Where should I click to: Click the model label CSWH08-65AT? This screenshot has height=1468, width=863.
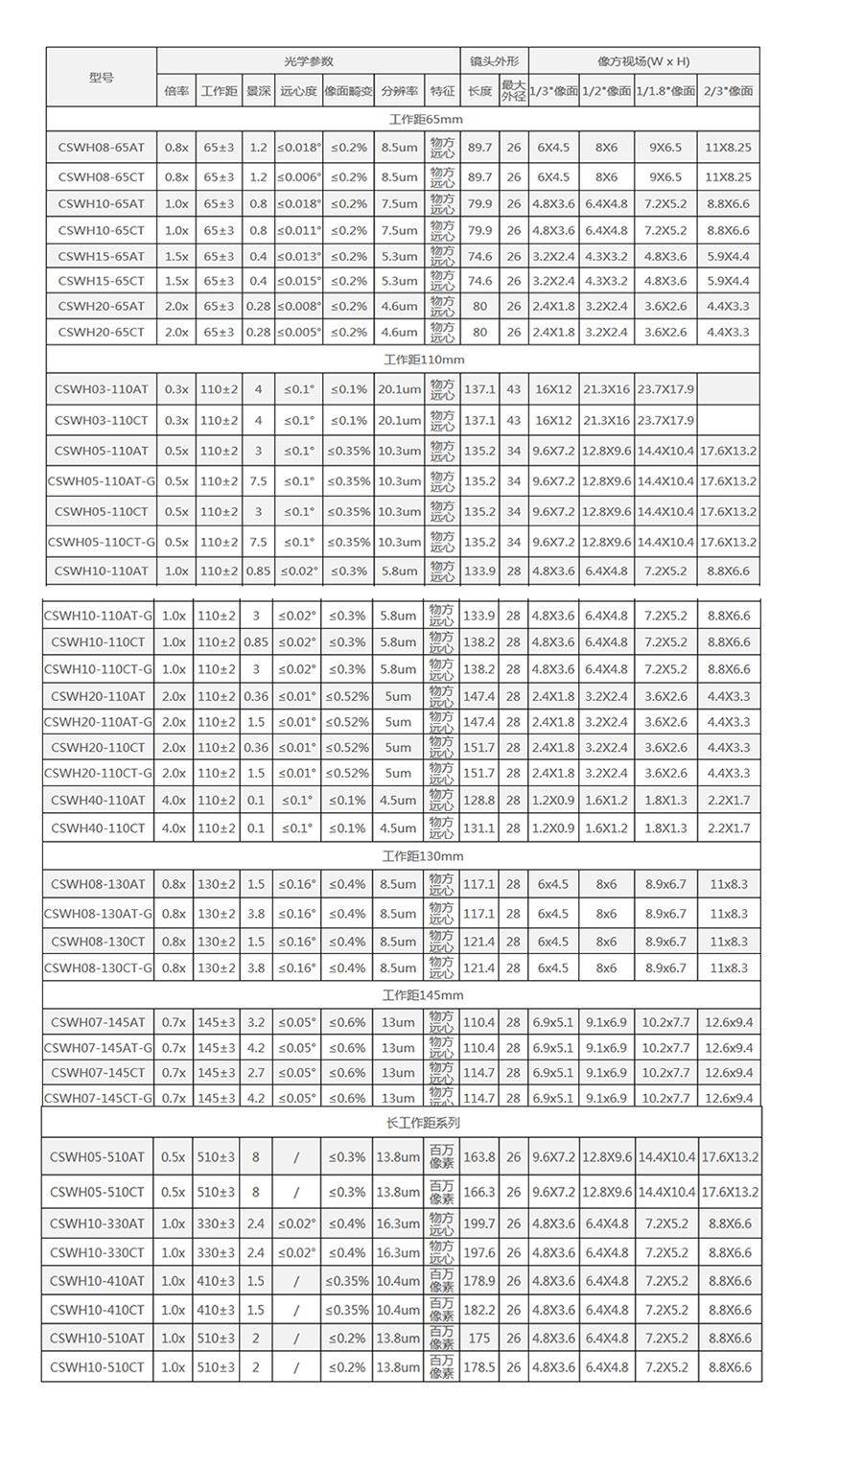pyautogui.click(x=101, y=148)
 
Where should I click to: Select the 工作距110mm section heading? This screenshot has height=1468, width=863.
pyautogui.click(x=424, y=360)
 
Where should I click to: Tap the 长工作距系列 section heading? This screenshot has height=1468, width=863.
pyautogui.click(x=423, y=1122)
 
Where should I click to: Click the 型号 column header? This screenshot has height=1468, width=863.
pyautogui.click(x=101, y=76)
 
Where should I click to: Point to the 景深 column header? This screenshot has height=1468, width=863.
pyautogui.click(x=258, y=91)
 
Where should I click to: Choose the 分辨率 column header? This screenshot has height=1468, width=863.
pyautogui.click(x=399, y=91)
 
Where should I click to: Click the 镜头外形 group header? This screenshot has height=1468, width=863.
pyautogui.click(x=494, y=61)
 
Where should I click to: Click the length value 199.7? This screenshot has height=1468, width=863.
pyautogui.click(x=479, y=1223)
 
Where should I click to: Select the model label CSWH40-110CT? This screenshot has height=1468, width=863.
pyautogui.click(x=98, y=827)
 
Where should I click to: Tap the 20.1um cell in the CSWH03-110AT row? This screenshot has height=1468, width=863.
pyautogui.click(x=399, y=389)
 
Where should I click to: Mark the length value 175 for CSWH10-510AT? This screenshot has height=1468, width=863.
pyautogui.click(x=479, y=1338)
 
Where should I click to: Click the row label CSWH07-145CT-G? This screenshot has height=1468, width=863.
pyautogui.click(x=98, y=1098)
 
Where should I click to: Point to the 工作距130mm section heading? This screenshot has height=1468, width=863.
pyautogui.click(x=423, y=856)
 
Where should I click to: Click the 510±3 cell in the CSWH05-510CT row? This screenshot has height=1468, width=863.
pyautogui.click(x=216, y=1192)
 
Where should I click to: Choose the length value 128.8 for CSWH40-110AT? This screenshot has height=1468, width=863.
pyautogui.click(x=479, y=800)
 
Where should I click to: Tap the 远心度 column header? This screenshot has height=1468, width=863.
pyautogui.click(x=298, y=91)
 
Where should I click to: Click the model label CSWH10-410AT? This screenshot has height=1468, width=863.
pyautogui.click(x=97, y=1281)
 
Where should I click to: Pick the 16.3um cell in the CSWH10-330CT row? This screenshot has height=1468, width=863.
pyautogui.click(x=398, y=1252)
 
